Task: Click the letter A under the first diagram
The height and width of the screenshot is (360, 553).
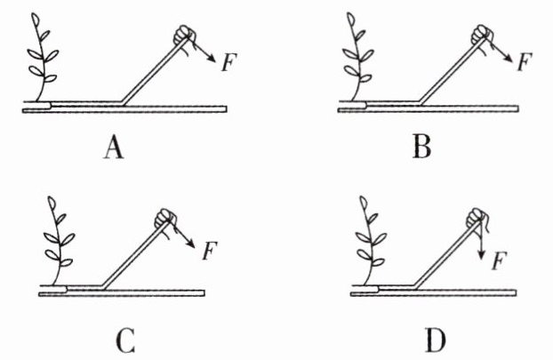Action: pos(113,148)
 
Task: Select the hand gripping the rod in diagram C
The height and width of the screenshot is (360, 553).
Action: pos(164,217)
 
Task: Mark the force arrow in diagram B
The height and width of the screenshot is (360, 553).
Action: pos(501,52)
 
